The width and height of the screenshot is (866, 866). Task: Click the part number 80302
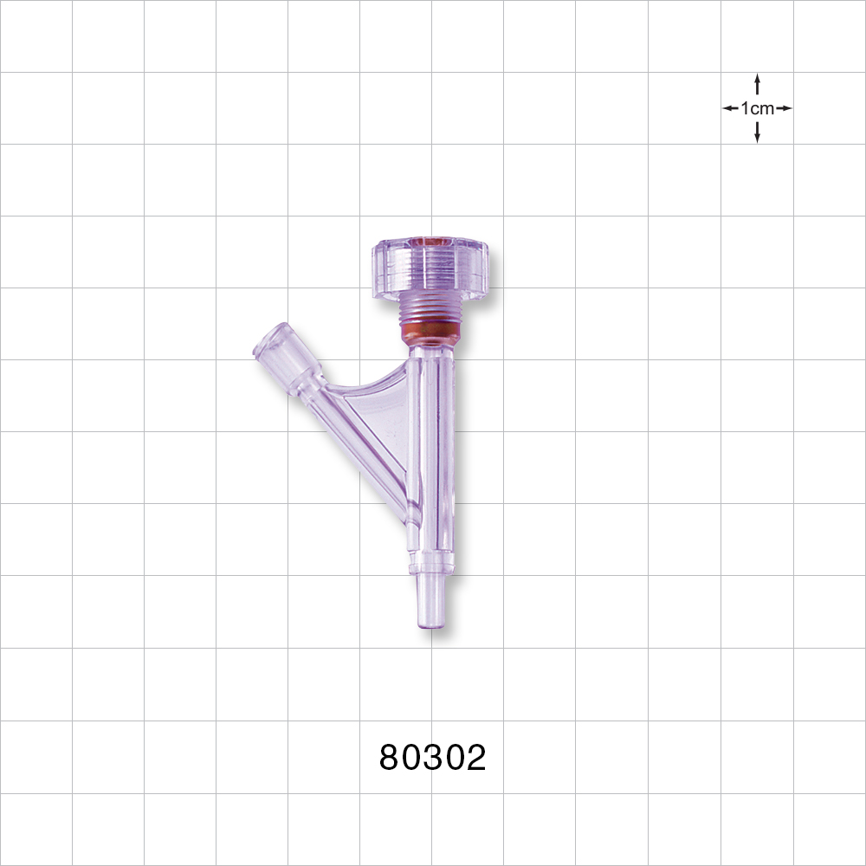pyautogui.click(x=433, y=758)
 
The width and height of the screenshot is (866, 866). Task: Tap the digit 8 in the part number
pyautogui.click(x=391, y=758)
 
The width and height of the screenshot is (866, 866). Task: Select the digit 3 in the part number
pyautogui.click(x=433, y=758)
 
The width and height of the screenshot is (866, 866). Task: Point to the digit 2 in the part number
pyautogui.click(x=475, y=758)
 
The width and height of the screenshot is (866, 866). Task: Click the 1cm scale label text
pyautogui.click(x=758, y=108)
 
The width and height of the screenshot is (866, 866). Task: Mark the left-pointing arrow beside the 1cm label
pyautogui.click(x=731, y=108)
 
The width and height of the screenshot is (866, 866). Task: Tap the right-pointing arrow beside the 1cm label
pyautogui.click(x=784, y=108)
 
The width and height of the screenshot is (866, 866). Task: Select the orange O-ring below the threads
pyautogui.click(x=430, y=332)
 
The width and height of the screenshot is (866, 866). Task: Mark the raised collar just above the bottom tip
pyautogui.click(x=430, y=568)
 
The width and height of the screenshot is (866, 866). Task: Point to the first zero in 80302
pyautogui.click(x=411, y=758)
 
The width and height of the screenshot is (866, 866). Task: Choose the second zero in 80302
pyautogui.click(x=454, y=758)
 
